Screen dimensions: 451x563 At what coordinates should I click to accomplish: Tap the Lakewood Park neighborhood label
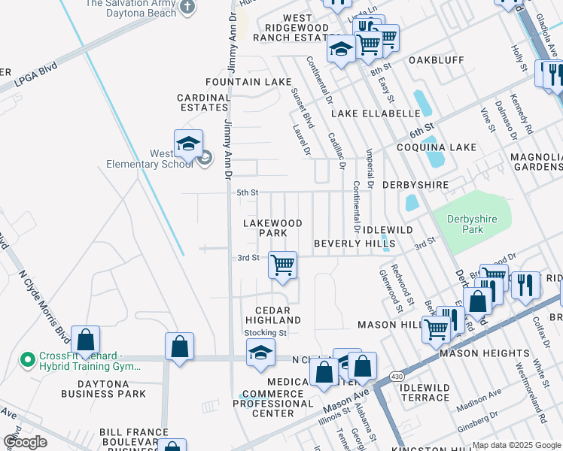273,228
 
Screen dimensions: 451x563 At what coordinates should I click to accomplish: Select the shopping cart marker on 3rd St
282,265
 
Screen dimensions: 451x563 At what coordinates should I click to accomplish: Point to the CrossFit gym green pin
28,360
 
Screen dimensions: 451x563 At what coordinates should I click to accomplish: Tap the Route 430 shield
397,375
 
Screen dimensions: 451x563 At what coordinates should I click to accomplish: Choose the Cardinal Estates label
203,102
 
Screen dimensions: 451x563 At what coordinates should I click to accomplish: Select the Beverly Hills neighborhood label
344,244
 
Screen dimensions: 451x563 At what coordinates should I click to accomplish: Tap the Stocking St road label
266,332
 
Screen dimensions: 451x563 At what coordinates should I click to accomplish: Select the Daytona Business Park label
104,388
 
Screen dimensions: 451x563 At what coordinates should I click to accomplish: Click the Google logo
25,442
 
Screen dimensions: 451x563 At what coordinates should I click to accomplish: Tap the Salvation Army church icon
187,7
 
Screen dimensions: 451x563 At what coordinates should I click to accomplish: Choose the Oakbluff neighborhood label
433,59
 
